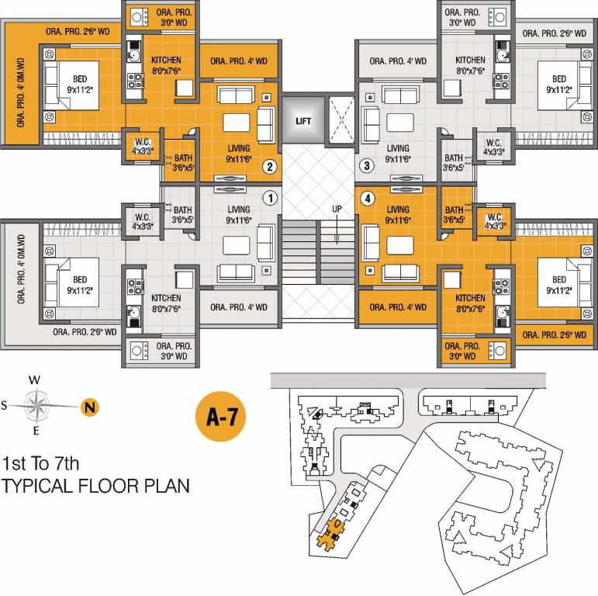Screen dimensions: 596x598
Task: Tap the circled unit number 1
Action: click(269, 198)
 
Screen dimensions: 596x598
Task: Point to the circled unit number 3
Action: click(367, 166)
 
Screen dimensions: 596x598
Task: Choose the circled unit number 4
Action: click(367, 198)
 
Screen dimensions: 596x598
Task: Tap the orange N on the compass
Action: click(90, 405)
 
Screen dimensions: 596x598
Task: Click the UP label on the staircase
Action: click(337, 210)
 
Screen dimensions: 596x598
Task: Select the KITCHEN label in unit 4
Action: click(470, 298)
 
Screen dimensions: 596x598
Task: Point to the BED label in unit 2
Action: click(80, 79)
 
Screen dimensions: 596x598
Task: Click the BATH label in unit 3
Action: click(454, 157)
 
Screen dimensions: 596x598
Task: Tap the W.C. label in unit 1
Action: click(142, 217)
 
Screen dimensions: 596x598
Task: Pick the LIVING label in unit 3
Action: click(398, 148)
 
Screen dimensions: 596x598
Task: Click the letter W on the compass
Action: click(33, 380)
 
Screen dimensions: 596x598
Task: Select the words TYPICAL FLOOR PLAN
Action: click(96, 487)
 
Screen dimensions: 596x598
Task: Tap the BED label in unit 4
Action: click(558, 281)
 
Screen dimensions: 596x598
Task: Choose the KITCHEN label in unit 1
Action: click(166, 298)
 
